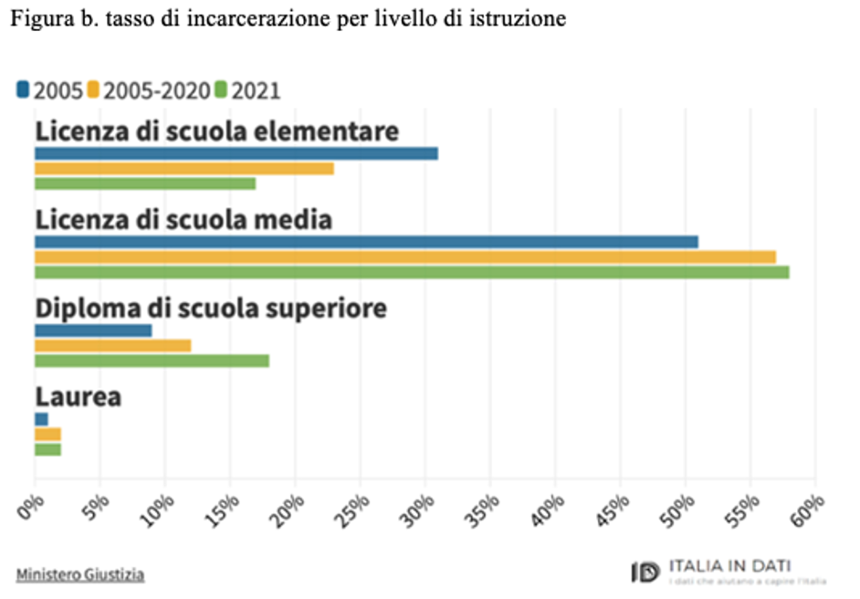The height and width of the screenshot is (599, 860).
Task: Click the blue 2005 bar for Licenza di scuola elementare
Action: pyautogui.click(x=236, y=153)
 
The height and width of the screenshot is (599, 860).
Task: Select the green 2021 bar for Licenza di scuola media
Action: pyautogui.click(x=412, y=272)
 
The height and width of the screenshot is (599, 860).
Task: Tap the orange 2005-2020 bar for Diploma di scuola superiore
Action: pyautogui.click(x=113, y=345)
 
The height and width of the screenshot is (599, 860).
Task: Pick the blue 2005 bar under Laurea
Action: pyautogui.click(x=42, y=419)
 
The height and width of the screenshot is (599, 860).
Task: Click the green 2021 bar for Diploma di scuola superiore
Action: pyautogui.click(x=152, y=361)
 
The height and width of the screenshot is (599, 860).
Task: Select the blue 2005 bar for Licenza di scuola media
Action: pyautogui.click(x=366, y=242)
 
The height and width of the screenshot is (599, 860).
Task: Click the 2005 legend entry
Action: pyautogui.click(x=51, y=91)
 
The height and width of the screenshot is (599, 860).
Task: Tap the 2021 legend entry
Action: pyautogui.click(x=247, y=91)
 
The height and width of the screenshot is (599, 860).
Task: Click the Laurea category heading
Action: pyautogui.click(x=79, y=397)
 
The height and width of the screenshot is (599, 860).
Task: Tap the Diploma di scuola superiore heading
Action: pyautogui.click(x=211, y=309)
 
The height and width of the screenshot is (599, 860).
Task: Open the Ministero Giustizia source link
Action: pyautogui.click(x=80, y=574)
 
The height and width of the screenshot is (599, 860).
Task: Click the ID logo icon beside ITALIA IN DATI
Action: pyautogui.click(x=645, y=573)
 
